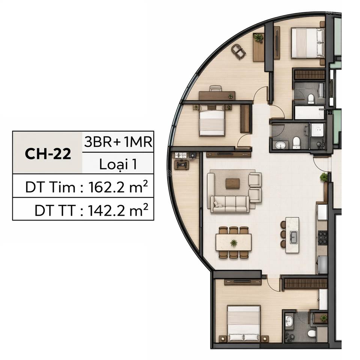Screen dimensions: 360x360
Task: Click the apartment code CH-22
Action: (48, 154)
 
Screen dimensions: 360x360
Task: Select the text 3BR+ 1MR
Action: (118, 142)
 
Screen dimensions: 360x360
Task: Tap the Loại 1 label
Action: (118, 164)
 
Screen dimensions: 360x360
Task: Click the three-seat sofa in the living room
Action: (229, 204)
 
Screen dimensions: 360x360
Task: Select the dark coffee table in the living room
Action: (232, 183)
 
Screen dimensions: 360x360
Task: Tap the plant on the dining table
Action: (234, 243)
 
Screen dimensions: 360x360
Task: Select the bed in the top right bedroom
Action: (307, 43)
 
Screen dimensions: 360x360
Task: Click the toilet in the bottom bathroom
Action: (311, 333)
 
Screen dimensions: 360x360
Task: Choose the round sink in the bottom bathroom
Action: (289, 321)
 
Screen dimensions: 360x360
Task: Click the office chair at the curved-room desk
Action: (216, 89)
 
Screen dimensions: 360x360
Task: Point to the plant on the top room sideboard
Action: (258, 37)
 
